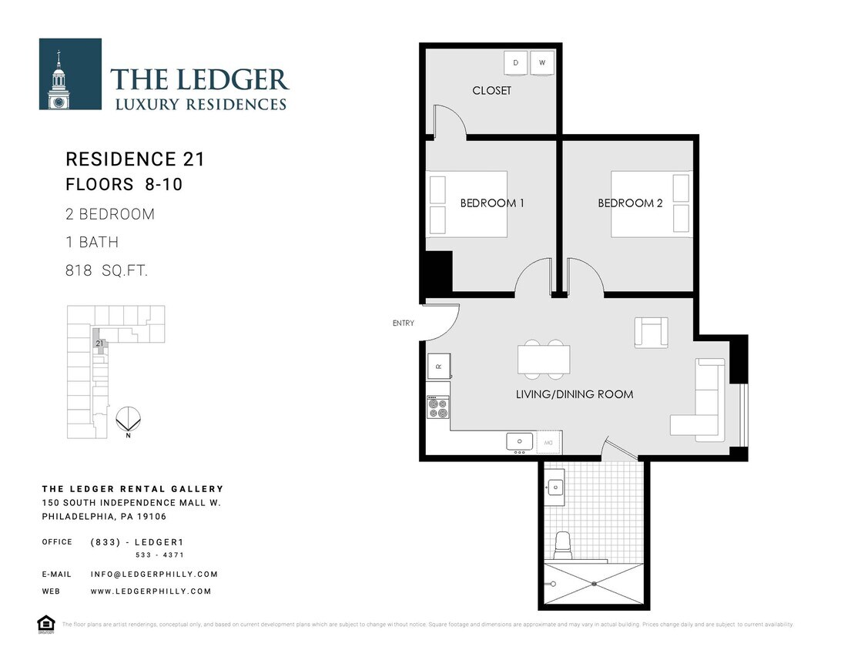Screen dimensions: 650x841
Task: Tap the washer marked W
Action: (542, 62)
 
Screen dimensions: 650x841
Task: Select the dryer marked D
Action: (515, 62)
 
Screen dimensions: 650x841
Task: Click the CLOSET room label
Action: (491, 91)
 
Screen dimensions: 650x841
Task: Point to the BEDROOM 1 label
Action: (492, 203)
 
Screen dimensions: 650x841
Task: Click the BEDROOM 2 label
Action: (630, 203)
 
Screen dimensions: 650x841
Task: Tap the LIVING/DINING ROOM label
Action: (575, 394)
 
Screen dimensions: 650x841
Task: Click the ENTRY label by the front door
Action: (403, 323)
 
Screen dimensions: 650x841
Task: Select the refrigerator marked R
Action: (439, 366)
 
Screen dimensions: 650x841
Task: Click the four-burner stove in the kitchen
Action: (438, 407)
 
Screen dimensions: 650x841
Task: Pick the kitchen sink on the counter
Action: (520, 442)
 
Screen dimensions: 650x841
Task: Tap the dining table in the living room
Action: (544, 359)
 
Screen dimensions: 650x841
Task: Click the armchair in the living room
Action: (651, 332)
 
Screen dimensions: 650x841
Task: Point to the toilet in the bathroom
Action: (563, 545)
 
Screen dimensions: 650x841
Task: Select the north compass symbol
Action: (127, 420)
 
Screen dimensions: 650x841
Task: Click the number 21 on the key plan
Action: (99, 343)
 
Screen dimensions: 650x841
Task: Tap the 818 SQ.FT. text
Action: (107, 271)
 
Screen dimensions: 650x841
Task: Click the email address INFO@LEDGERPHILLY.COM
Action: (154, 574)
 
